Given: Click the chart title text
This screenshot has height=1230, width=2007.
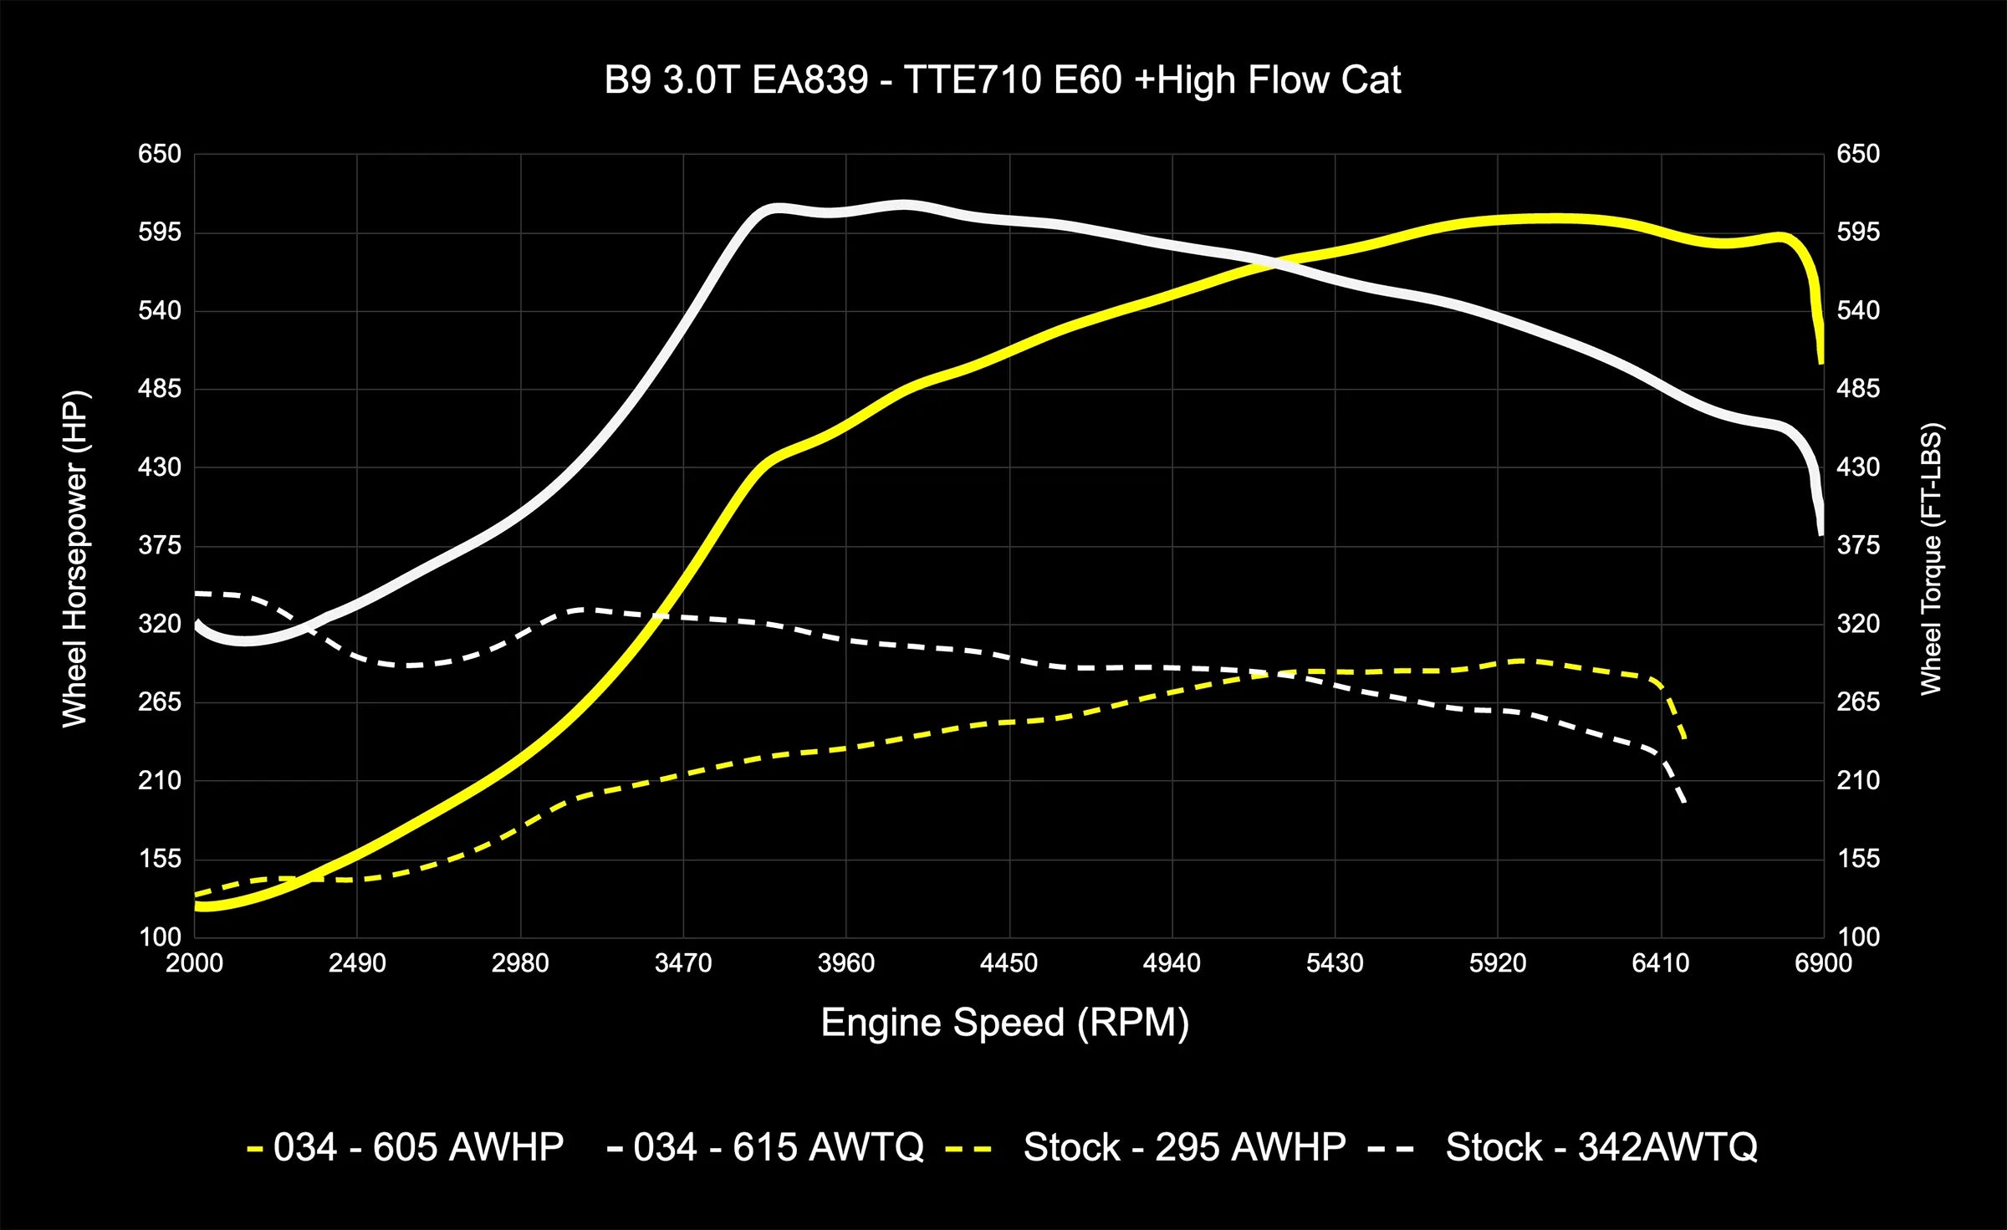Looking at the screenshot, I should pyautogui.click(x=1003, y=80).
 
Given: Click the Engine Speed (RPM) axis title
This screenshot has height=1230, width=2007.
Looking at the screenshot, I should pyautogui.click(x=1004, y=1023).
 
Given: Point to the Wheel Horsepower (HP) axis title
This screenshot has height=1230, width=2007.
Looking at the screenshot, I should pyautogui.click(x=75, y=559).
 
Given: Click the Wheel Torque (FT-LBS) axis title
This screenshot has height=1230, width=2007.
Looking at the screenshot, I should pyautogui.click(x=1930, y=559).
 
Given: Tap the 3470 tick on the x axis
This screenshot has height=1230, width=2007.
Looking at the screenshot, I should pyautogui.click(x=683, y=963).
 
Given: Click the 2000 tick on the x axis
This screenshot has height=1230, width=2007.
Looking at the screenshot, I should pyautogui.click(x=194, y=963).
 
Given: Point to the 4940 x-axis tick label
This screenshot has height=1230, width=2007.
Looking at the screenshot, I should pyautogui.click(x=1172, y=963).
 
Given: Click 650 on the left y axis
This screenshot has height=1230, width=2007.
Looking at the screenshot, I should pyautogui.click(x=159, y=154).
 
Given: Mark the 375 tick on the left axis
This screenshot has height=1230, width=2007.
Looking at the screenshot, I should pyautogui.click(x=159, y=545).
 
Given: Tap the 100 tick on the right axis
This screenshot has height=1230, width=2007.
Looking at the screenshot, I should pyautogui.click(x=1858, y=937).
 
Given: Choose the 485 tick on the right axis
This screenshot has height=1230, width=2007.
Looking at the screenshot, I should pyautogui.click(x=1858, y=389).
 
